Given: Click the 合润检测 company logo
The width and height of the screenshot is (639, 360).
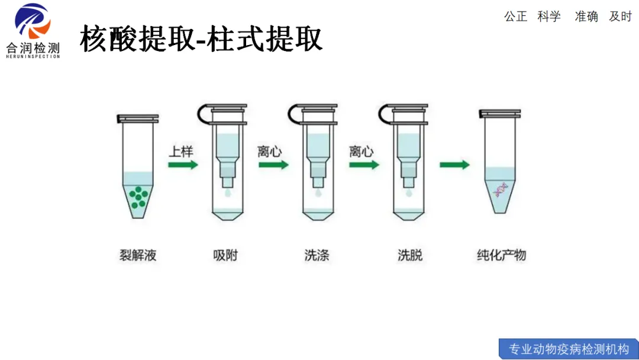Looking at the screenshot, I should pyautogui.click(x=33, y=30).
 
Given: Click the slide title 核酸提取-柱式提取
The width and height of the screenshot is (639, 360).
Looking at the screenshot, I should pyautogui.click(x=201, y=39).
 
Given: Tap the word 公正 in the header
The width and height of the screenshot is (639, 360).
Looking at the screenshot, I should pyautogui.click(x=515, y=17).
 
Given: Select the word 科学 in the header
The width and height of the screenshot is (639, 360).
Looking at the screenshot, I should pyautogui.click(x=549, y=17).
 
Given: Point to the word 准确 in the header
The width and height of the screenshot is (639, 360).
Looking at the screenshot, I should pyautogui.click(x=586, y=17).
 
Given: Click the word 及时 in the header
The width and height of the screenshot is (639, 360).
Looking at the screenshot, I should pyautogui.click(x=621, y=17).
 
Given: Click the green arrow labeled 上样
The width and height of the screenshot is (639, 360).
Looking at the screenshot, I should pyautogui.click(x=183, y=165).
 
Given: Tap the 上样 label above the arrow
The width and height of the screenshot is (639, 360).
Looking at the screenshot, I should pyautogui.click(x=181, y=151).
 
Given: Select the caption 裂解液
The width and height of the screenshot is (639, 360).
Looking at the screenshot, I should pyautogui.click(x=138, y=256).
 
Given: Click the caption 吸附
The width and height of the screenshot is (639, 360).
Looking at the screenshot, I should pyautogui.click(x=225, y=256).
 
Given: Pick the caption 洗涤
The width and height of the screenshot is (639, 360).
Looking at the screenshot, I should pyautogui.click(x=317, y=256).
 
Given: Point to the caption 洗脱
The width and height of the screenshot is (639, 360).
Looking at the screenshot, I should pyautogui.click(x=410, y=256).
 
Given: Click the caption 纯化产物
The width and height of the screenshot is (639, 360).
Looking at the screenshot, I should pyautogui.click(x=501, y=256).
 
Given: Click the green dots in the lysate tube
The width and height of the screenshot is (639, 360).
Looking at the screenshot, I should pyautogui.click(x=138, y=196).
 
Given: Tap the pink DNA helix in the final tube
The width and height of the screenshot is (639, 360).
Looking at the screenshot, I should pyautogui.click(x=501, y=190).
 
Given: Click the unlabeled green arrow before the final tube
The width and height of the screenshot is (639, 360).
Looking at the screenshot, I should pyautogui.click(x=454, y=165).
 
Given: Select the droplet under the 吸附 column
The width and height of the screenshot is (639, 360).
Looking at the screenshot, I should pyautogui.click(x=228, y=192).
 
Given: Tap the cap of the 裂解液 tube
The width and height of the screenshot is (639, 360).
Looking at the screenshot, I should pyautogui.click(x=138, y=118).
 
